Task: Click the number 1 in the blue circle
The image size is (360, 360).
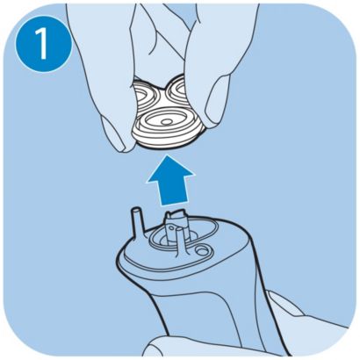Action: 42,43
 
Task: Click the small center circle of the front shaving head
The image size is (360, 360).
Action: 167,121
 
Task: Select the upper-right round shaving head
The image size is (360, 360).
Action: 178,89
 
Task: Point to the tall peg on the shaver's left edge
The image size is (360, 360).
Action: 139,221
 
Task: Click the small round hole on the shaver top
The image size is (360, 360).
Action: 201,250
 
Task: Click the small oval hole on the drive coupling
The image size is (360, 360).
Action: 174,227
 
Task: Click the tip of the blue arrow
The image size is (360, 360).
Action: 169,155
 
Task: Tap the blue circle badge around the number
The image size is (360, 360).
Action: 43,43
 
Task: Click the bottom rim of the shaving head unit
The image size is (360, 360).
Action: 164,144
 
